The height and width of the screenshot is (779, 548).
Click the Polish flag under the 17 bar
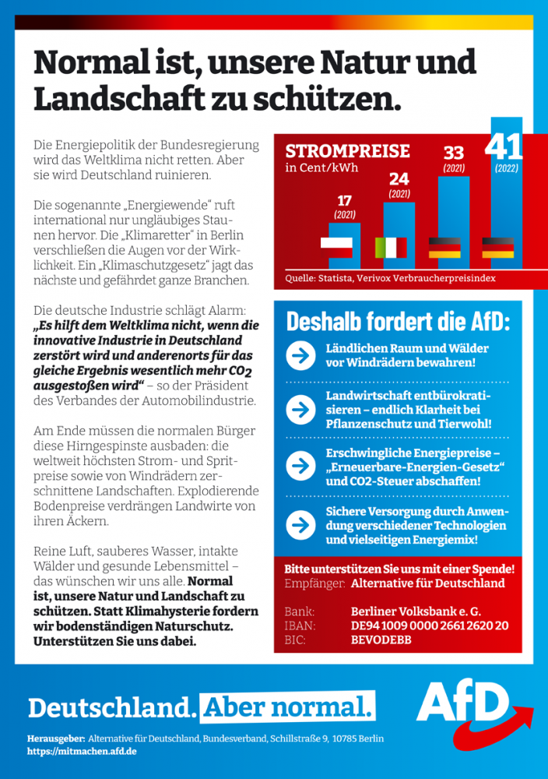(x=336, y=248)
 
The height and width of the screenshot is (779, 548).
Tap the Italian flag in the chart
(x=391, y=248)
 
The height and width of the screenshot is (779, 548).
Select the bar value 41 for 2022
(x=504, y=146)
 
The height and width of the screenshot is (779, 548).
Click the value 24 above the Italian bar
(x=399, y=179)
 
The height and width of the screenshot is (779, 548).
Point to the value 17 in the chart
(x=345, y=200)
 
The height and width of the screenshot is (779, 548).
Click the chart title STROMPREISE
(x=347, y=151)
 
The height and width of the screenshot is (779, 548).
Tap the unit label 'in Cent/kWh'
(x=321, y=167)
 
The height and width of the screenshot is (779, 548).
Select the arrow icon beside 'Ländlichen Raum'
(x=300, y=355)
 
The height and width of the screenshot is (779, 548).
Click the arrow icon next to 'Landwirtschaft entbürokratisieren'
(x=300, y=410)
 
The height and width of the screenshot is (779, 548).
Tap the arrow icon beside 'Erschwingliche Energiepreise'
(x=300, y=466)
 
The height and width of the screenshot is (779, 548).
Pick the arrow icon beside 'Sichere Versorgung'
(x=300, y=524)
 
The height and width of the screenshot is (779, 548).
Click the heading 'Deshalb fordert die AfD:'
(x=398, y=322)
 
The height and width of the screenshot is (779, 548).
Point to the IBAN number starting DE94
(x=430, y=626)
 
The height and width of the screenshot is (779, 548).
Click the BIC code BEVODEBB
(x=381, y=640)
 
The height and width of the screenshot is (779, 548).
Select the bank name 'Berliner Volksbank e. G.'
(x=416, y=611)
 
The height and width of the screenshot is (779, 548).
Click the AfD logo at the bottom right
(x=475, y=712)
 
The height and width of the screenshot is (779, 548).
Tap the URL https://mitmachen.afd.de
(x=82, y=751)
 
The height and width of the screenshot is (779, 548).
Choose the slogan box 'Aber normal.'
(x=287, y=707)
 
